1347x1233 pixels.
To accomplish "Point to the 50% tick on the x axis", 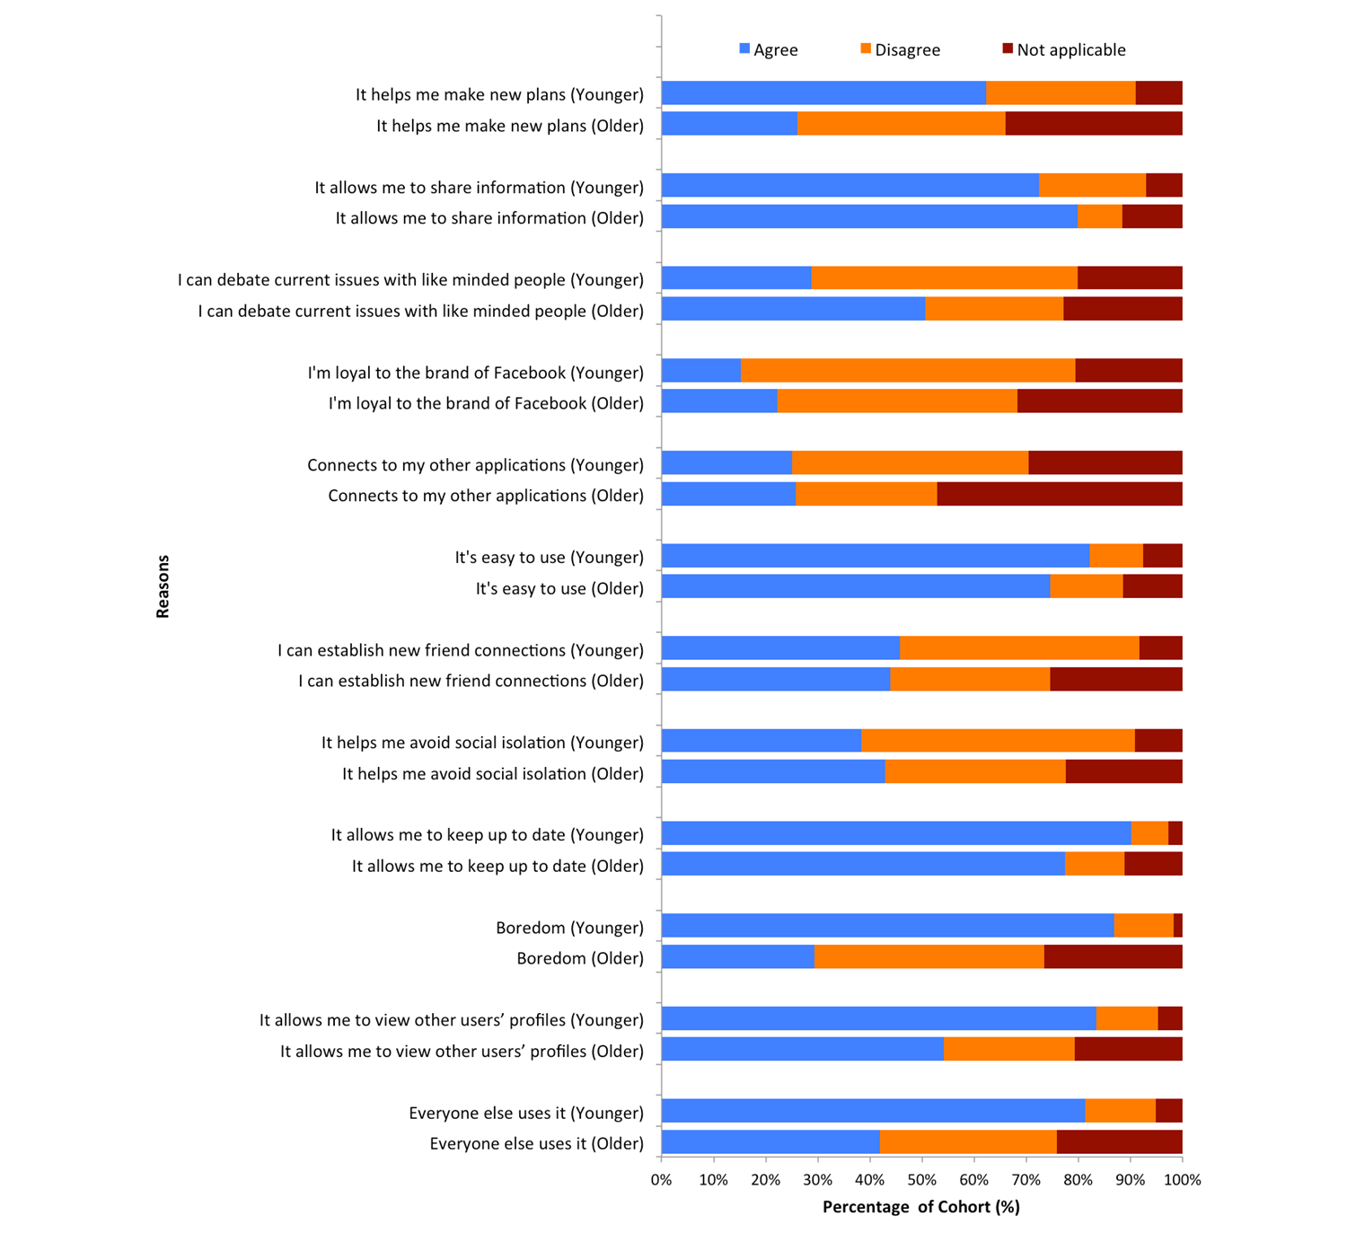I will (922, 1179).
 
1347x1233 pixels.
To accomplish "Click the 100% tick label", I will (1182, 1179).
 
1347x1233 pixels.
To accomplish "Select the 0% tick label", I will (662, 1179).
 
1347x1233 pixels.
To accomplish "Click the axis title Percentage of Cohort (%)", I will (921, 1207).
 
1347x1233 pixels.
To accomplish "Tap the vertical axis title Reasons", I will (163, 586).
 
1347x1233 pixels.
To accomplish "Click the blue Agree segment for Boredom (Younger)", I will (887, 926).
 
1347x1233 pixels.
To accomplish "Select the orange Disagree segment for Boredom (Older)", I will (929, 957).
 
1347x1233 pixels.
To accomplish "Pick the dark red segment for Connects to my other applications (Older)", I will (1060, 494).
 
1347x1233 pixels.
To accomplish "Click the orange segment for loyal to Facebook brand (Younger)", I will (908, 371).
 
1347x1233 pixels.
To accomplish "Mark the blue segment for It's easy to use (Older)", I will (856, 586).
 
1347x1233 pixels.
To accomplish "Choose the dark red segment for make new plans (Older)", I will (1094, 124).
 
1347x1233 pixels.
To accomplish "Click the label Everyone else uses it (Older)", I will (536, 1143).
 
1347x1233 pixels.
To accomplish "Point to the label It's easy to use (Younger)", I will (549, 558).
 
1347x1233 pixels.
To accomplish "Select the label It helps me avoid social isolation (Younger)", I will (482, 743).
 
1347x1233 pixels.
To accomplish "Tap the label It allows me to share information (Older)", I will (489, 218).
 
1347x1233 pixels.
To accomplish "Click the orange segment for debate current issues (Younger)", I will (944, 278).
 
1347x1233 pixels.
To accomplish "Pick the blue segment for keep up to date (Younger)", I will (896, 833).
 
